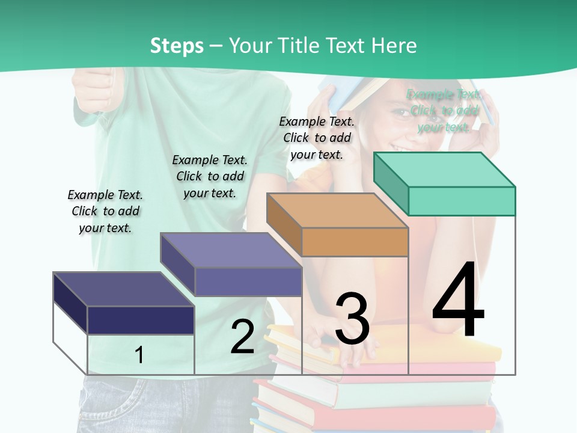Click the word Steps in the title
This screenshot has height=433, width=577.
(x=177, y=46)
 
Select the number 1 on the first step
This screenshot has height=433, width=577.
(x=139, y=355)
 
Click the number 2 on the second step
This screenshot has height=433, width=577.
(x=242, y=337)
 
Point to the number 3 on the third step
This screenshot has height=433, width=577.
(x=352, y=319)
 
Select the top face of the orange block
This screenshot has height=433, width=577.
(x=337, y=210)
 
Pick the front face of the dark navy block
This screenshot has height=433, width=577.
(x=141, y=320)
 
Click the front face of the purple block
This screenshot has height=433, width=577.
(x=248, y=281)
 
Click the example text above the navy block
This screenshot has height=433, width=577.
(x=105, y=211)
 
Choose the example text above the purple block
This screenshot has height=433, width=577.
(x=210, y=176)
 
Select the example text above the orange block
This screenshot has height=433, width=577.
(x=317, y=138)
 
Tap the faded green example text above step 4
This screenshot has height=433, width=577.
(x=444, y=111)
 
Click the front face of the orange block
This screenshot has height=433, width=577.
(x=355, y=242)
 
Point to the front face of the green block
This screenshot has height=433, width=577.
(x=462, y=201)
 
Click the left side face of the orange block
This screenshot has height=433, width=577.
(x=284, y=224)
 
